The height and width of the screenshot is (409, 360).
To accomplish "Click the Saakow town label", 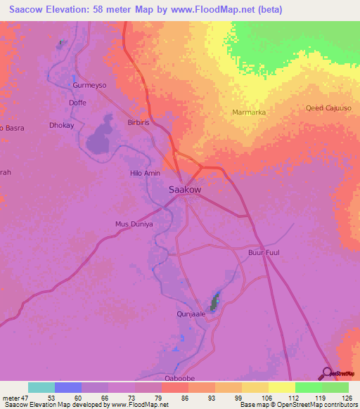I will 186,190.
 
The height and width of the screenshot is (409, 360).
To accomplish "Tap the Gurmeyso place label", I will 89,85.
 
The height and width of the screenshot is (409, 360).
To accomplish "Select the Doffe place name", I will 77,103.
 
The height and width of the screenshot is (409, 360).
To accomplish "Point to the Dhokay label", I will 62,125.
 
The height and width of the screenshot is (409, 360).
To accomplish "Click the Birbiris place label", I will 138,122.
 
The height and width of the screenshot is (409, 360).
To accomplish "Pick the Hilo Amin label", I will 146,173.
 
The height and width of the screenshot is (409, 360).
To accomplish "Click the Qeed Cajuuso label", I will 328,108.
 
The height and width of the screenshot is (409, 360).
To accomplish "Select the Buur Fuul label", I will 264,252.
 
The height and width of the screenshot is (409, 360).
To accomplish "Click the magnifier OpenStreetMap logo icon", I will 326,372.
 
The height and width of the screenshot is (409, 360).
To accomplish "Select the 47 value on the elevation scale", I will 28,398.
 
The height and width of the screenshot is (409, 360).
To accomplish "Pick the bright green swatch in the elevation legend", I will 308,387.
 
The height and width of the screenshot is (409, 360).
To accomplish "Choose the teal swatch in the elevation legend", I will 41,387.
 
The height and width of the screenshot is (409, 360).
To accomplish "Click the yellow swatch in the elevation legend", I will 281,387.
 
